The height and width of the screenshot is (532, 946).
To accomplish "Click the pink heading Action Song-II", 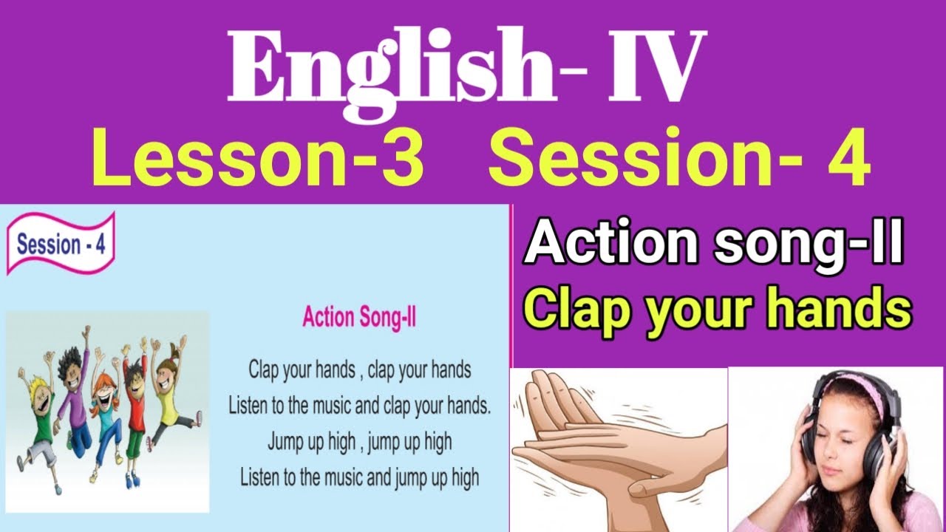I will point(360,318).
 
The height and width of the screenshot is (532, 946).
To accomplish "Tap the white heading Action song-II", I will point(713,245).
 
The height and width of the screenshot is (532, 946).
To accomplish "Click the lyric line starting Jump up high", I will point(359,442).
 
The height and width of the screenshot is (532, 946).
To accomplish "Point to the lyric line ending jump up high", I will point(359,477).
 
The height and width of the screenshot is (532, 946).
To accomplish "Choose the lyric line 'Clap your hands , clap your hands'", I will point(360,369).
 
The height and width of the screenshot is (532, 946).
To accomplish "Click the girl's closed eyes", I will point(839,436).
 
